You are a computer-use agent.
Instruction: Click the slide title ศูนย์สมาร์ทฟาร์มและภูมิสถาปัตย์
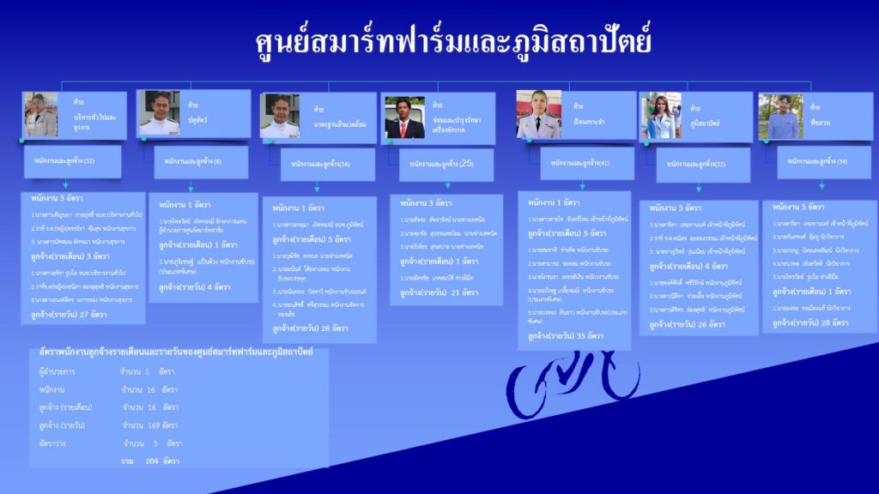pos(453,42)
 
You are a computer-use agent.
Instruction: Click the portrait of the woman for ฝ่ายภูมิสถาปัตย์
pos(661,116)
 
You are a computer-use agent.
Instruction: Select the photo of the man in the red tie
pos(404,117)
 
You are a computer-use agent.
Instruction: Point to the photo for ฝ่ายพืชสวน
pos(780,116)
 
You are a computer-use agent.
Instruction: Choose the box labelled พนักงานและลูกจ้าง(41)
pos(588,163)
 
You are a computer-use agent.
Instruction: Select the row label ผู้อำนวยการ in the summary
pos(57,371)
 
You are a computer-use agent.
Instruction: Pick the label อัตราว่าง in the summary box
pos(54,443)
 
